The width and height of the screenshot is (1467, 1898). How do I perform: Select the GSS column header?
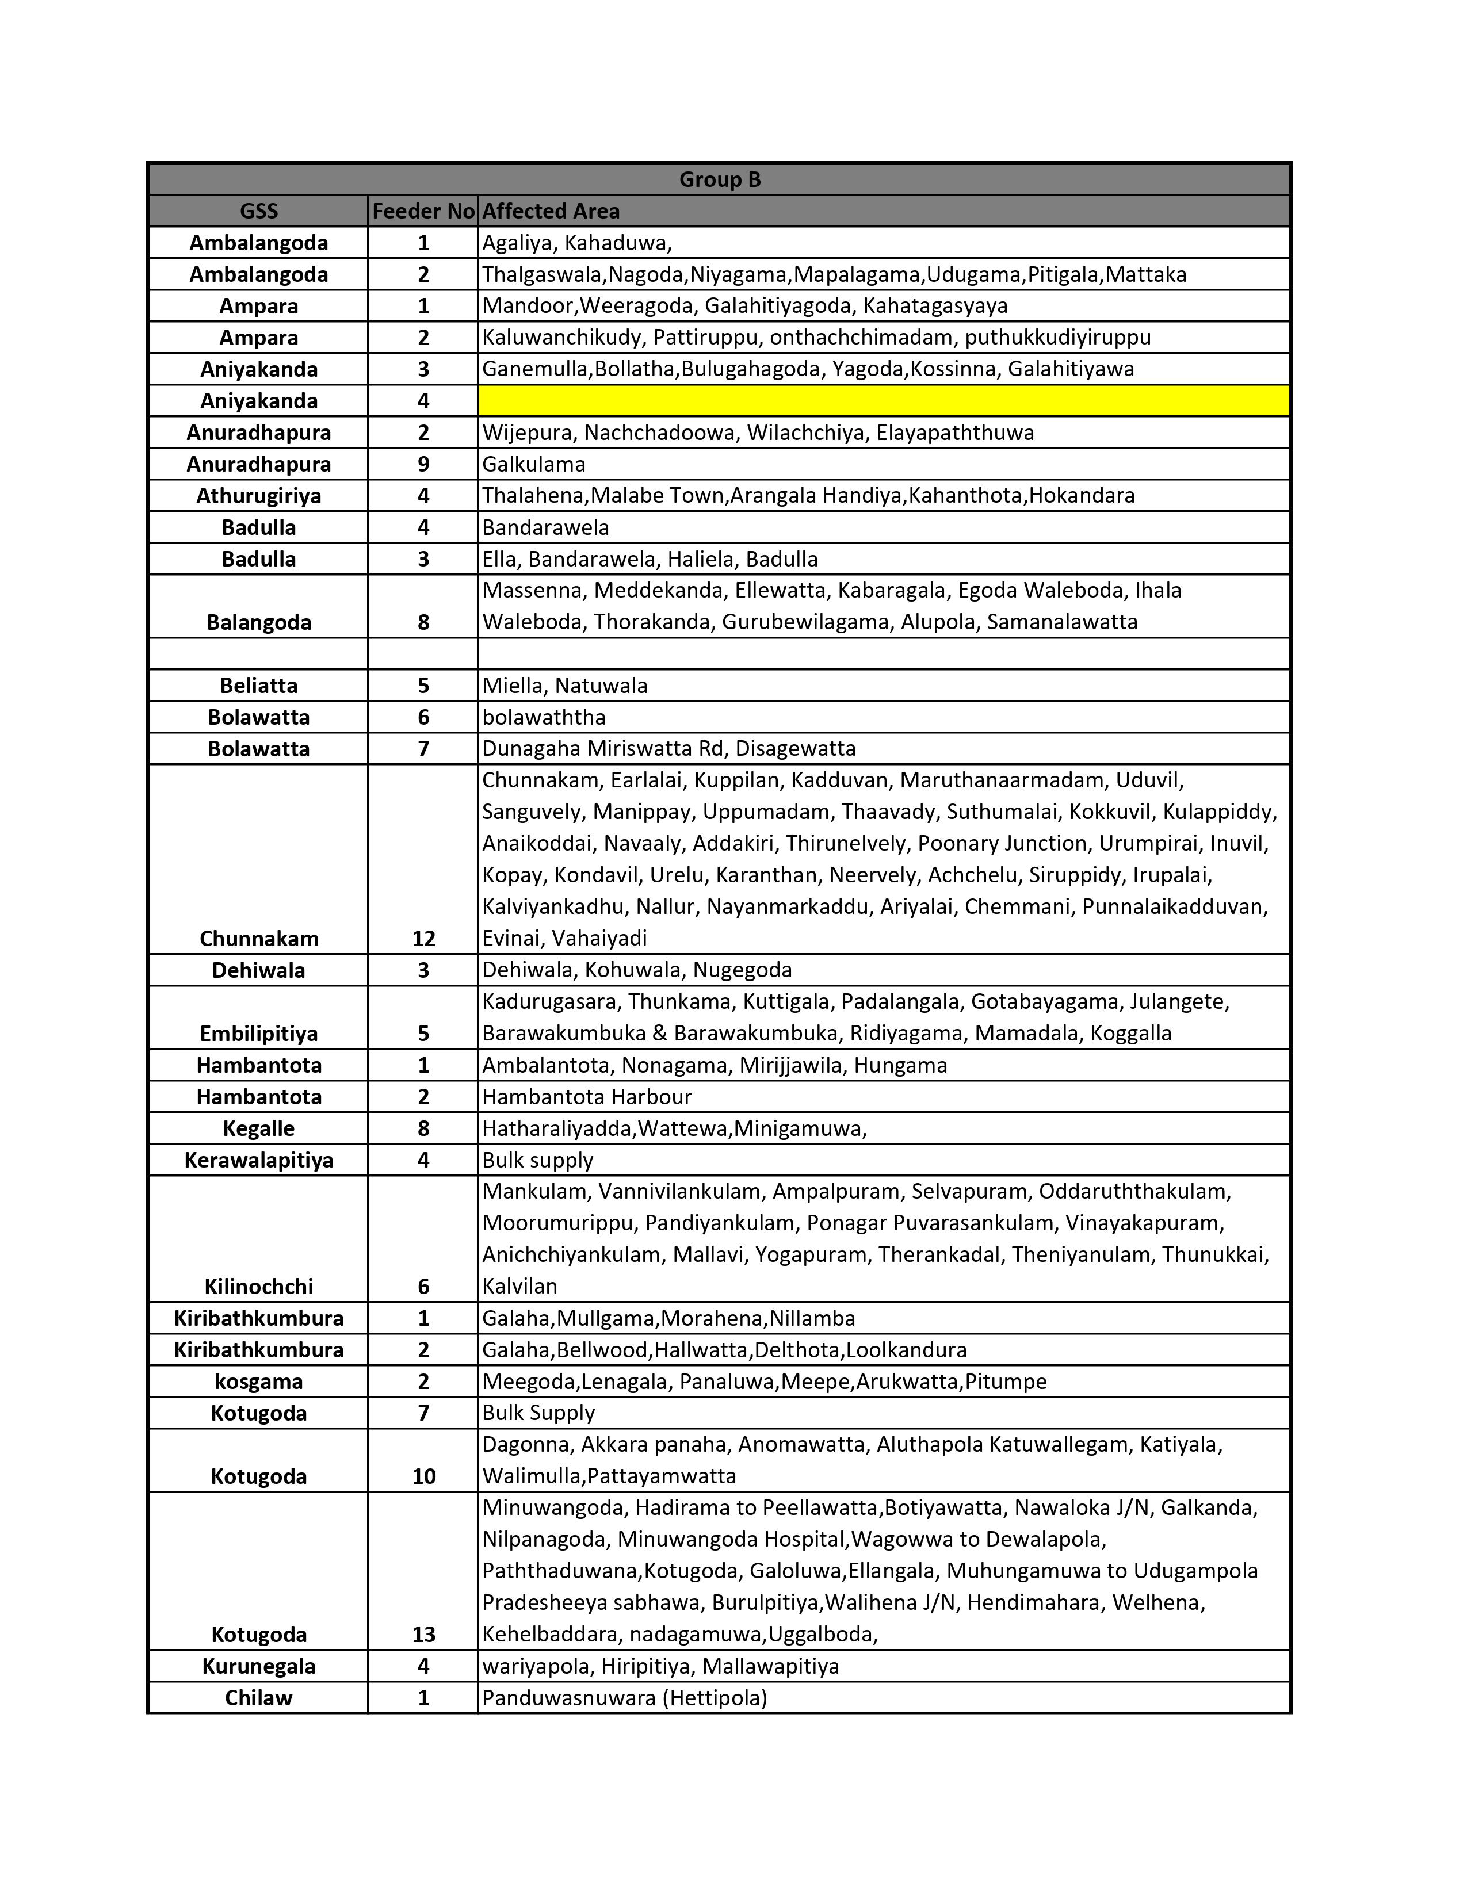point(259,211)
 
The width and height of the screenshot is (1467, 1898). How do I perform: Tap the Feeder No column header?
point(423,211)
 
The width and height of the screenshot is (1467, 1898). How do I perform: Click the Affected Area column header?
point(551,211)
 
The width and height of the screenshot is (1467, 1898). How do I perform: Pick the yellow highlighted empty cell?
point(883,401)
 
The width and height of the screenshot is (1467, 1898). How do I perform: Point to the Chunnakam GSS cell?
point(259,939)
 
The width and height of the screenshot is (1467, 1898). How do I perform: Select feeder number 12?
point(423,939)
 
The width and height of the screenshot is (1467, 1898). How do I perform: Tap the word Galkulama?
point(534,464)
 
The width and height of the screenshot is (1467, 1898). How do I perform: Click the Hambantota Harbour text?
point(587,1097)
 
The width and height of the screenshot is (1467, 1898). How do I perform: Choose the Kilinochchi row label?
point(259,1286)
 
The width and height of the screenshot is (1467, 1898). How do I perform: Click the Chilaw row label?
point(259,1697)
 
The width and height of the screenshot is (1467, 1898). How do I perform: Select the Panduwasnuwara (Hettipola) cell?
point(624,1697)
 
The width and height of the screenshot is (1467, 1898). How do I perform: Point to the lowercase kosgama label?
point(259,1381)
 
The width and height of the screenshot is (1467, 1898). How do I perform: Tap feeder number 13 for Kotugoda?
point(423,1635)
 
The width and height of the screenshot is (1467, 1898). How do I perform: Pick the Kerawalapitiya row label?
point(259,1160)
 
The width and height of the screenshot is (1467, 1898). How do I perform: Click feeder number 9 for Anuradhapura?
point(423,464)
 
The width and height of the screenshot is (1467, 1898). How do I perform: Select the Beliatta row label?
point(259,686)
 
